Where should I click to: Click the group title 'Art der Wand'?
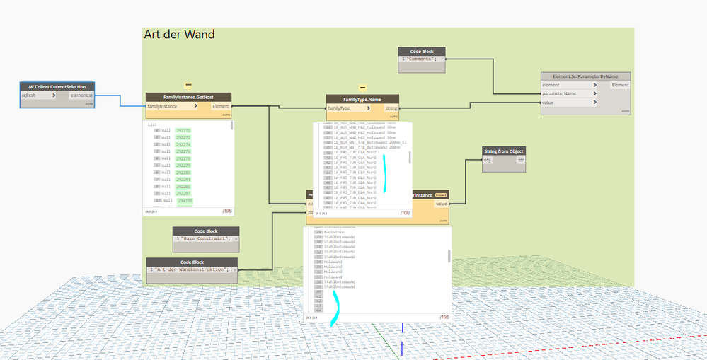coord(179,34)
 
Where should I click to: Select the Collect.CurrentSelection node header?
coord(57,86)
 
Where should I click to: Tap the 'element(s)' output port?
coord(81,95)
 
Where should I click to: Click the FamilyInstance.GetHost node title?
coord(188,97)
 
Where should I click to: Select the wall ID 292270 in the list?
coord(183,130)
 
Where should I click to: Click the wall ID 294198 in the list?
coord(185,201)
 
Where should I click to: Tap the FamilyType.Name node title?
coord(362,99)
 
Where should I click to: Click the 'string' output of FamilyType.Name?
coord(390,108)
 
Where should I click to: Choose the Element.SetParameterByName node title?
coord(585,76)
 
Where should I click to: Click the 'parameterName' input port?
coord(560,93)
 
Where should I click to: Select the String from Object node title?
coord(504,151)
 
